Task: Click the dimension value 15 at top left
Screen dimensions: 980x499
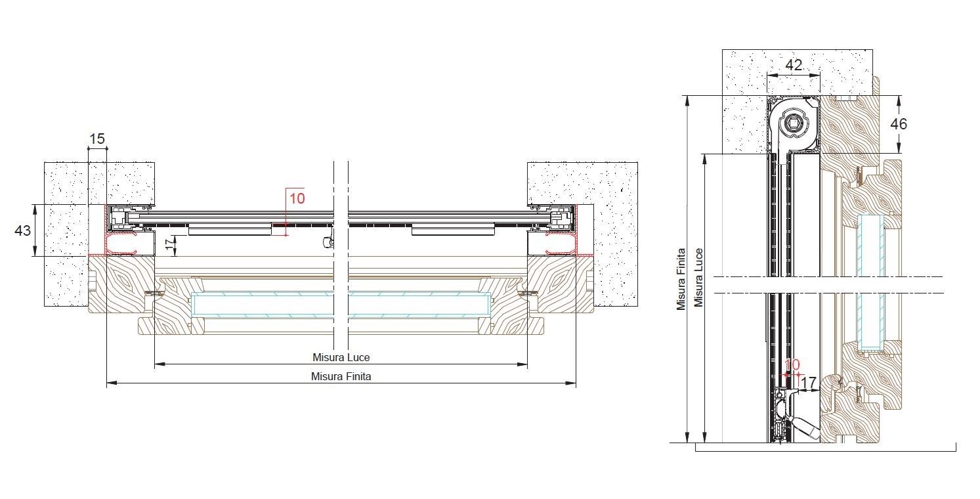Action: pyautogui.click(x=97, y=139)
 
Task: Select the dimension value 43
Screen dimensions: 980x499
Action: pyautogui.click(x=23, y=230)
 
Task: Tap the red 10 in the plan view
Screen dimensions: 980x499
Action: pyautogui.click(x=297, y=199)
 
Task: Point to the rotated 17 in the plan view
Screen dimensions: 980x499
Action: pyautogui.click(x=170, y=245)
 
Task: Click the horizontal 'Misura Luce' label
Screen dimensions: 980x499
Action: pyautogui.click(x=341, y=357)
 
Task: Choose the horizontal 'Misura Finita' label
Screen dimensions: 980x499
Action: pyautogui.click(x=341, y=376)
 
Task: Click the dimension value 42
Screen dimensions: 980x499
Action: pyautogui.click(x=794, y=65)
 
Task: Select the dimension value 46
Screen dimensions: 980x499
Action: pyautogui.click(x=899, y=124)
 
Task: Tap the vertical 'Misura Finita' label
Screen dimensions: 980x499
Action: pyautogui.click(x=681, y=279)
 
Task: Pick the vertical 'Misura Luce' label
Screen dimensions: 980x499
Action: pyautogui.click(x=698, y=278)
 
